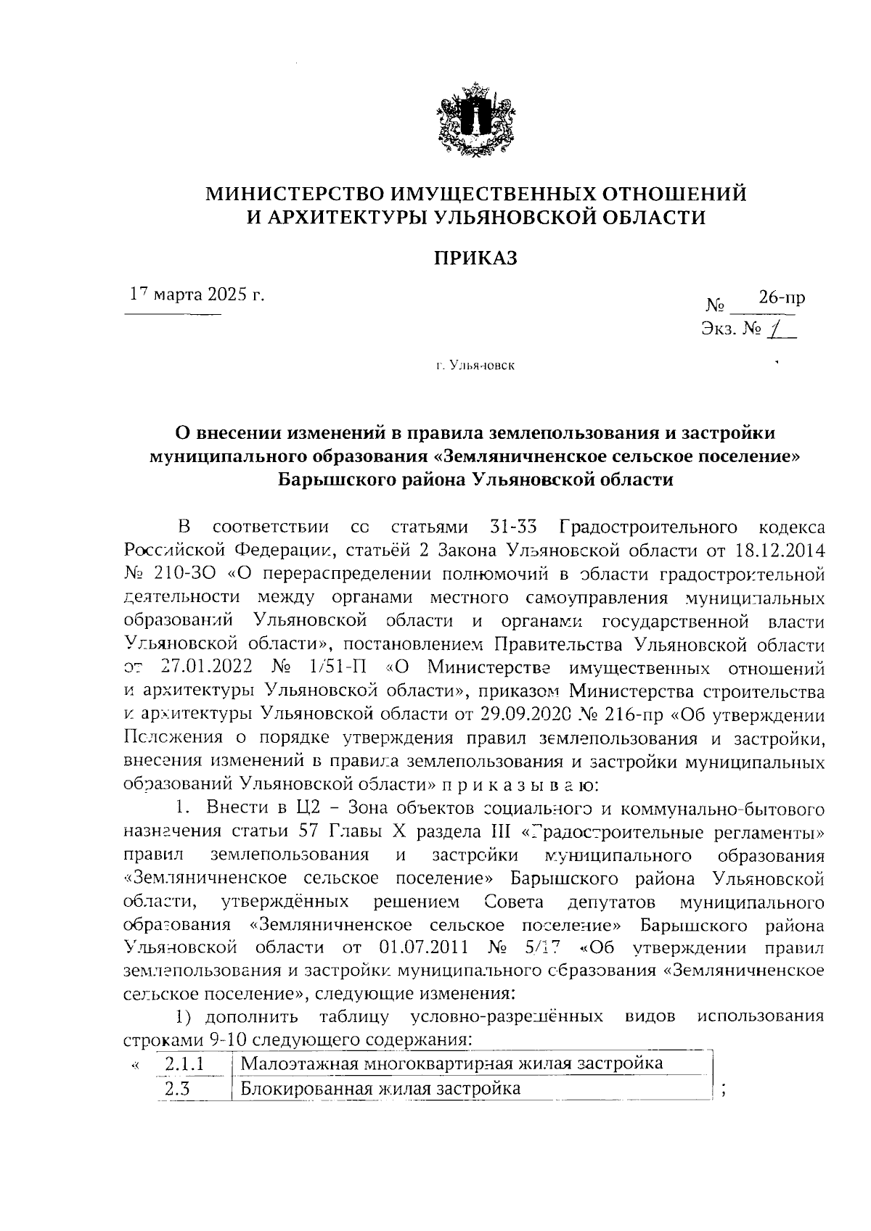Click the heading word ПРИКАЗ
point(475,258)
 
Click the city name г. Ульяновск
point(475,366)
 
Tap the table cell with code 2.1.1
point(184,1063)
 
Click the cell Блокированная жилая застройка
point(380,1088)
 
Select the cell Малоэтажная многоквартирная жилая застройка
point(451,1063)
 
